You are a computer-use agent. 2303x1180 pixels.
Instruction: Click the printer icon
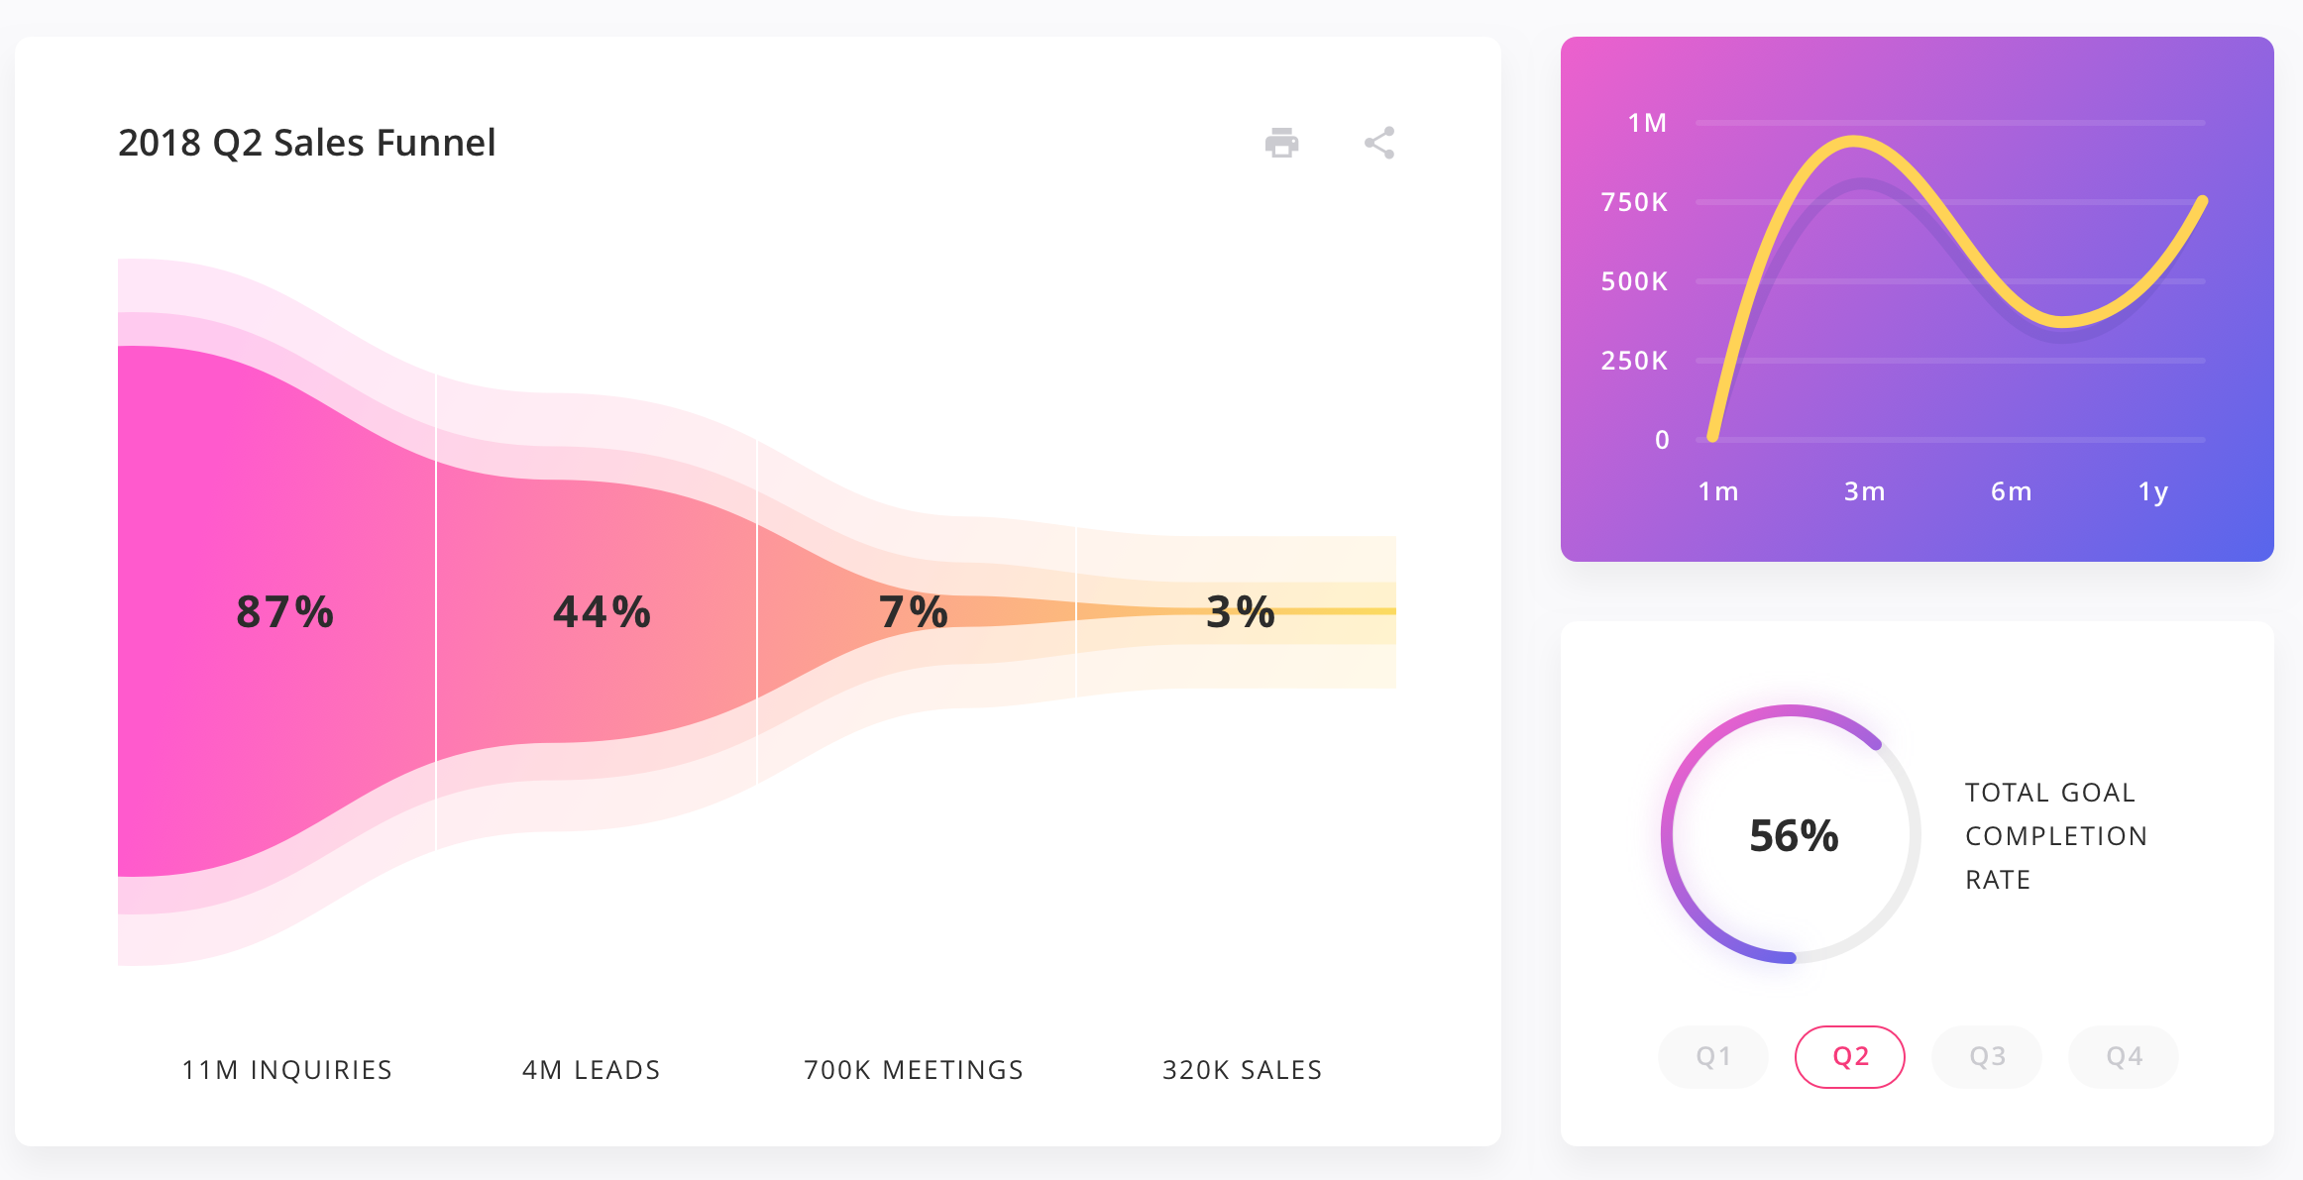[1281, 143]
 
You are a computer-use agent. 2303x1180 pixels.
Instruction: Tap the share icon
[1378, 143]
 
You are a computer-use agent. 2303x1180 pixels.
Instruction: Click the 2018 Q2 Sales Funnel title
[306, 143]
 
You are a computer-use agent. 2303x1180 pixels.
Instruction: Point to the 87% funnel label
[284, 611]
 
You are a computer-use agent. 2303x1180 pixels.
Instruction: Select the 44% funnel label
[602, 611]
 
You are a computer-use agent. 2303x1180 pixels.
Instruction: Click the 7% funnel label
[913, 611]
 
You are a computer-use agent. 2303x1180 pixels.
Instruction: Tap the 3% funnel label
[1240, 611]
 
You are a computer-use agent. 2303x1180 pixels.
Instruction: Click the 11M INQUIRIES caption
[287, 1070]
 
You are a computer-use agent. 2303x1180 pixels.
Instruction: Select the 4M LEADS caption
[591, 1070]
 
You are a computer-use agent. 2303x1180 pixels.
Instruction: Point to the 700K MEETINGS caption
[913, 1070]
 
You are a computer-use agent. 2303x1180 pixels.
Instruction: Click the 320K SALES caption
[1242, 1070]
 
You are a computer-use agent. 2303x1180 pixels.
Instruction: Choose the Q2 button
[1849, 1056]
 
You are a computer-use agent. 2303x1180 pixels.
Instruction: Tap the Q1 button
[1712, 1056]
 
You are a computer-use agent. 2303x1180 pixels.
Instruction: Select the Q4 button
[2123, 1056]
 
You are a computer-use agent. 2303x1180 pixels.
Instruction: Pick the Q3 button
[1986, 1056]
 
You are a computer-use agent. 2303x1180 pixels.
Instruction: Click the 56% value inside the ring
[1793, 835]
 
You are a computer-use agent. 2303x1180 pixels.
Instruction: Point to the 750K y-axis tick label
[1634, 202]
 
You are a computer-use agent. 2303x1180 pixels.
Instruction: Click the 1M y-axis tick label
[1647, 123]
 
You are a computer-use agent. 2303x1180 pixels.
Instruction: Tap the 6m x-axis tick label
[2011, 491]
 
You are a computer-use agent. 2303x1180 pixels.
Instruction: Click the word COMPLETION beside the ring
[2055, 836]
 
